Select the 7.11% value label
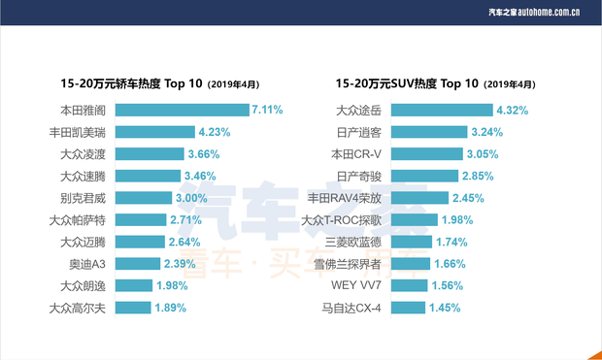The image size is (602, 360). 266,110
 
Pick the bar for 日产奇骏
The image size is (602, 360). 431,176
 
